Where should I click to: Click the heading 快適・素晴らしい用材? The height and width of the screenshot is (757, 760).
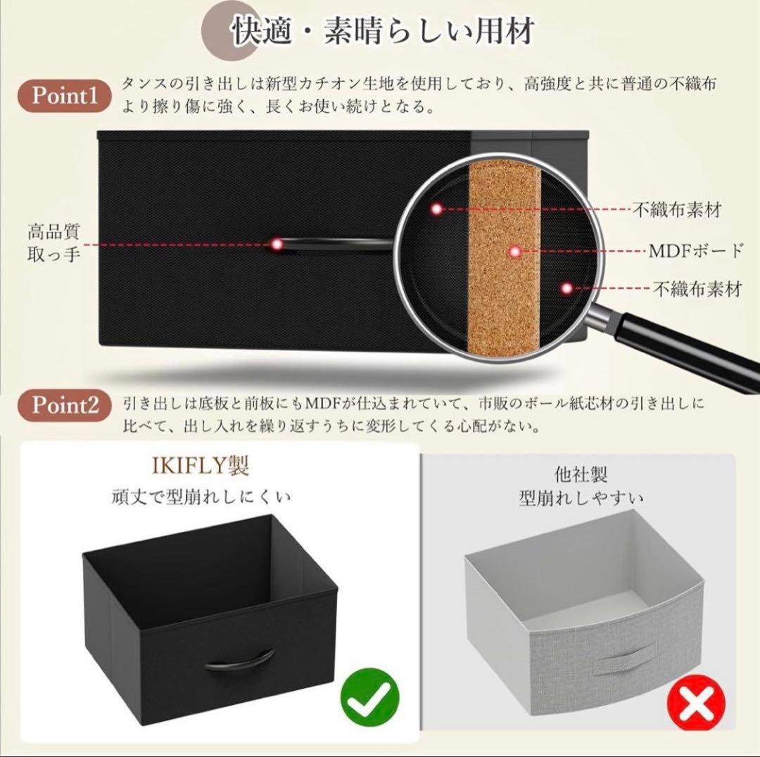click(384, 32)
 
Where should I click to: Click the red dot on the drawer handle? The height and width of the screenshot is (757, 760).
click(277, 244)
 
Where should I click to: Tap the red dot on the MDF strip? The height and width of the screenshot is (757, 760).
click(515, 251)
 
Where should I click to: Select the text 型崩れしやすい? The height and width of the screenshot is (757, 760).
click(581, 499)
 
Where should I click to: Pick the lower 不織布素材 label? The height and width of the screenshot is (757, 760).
click(697, 288)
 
